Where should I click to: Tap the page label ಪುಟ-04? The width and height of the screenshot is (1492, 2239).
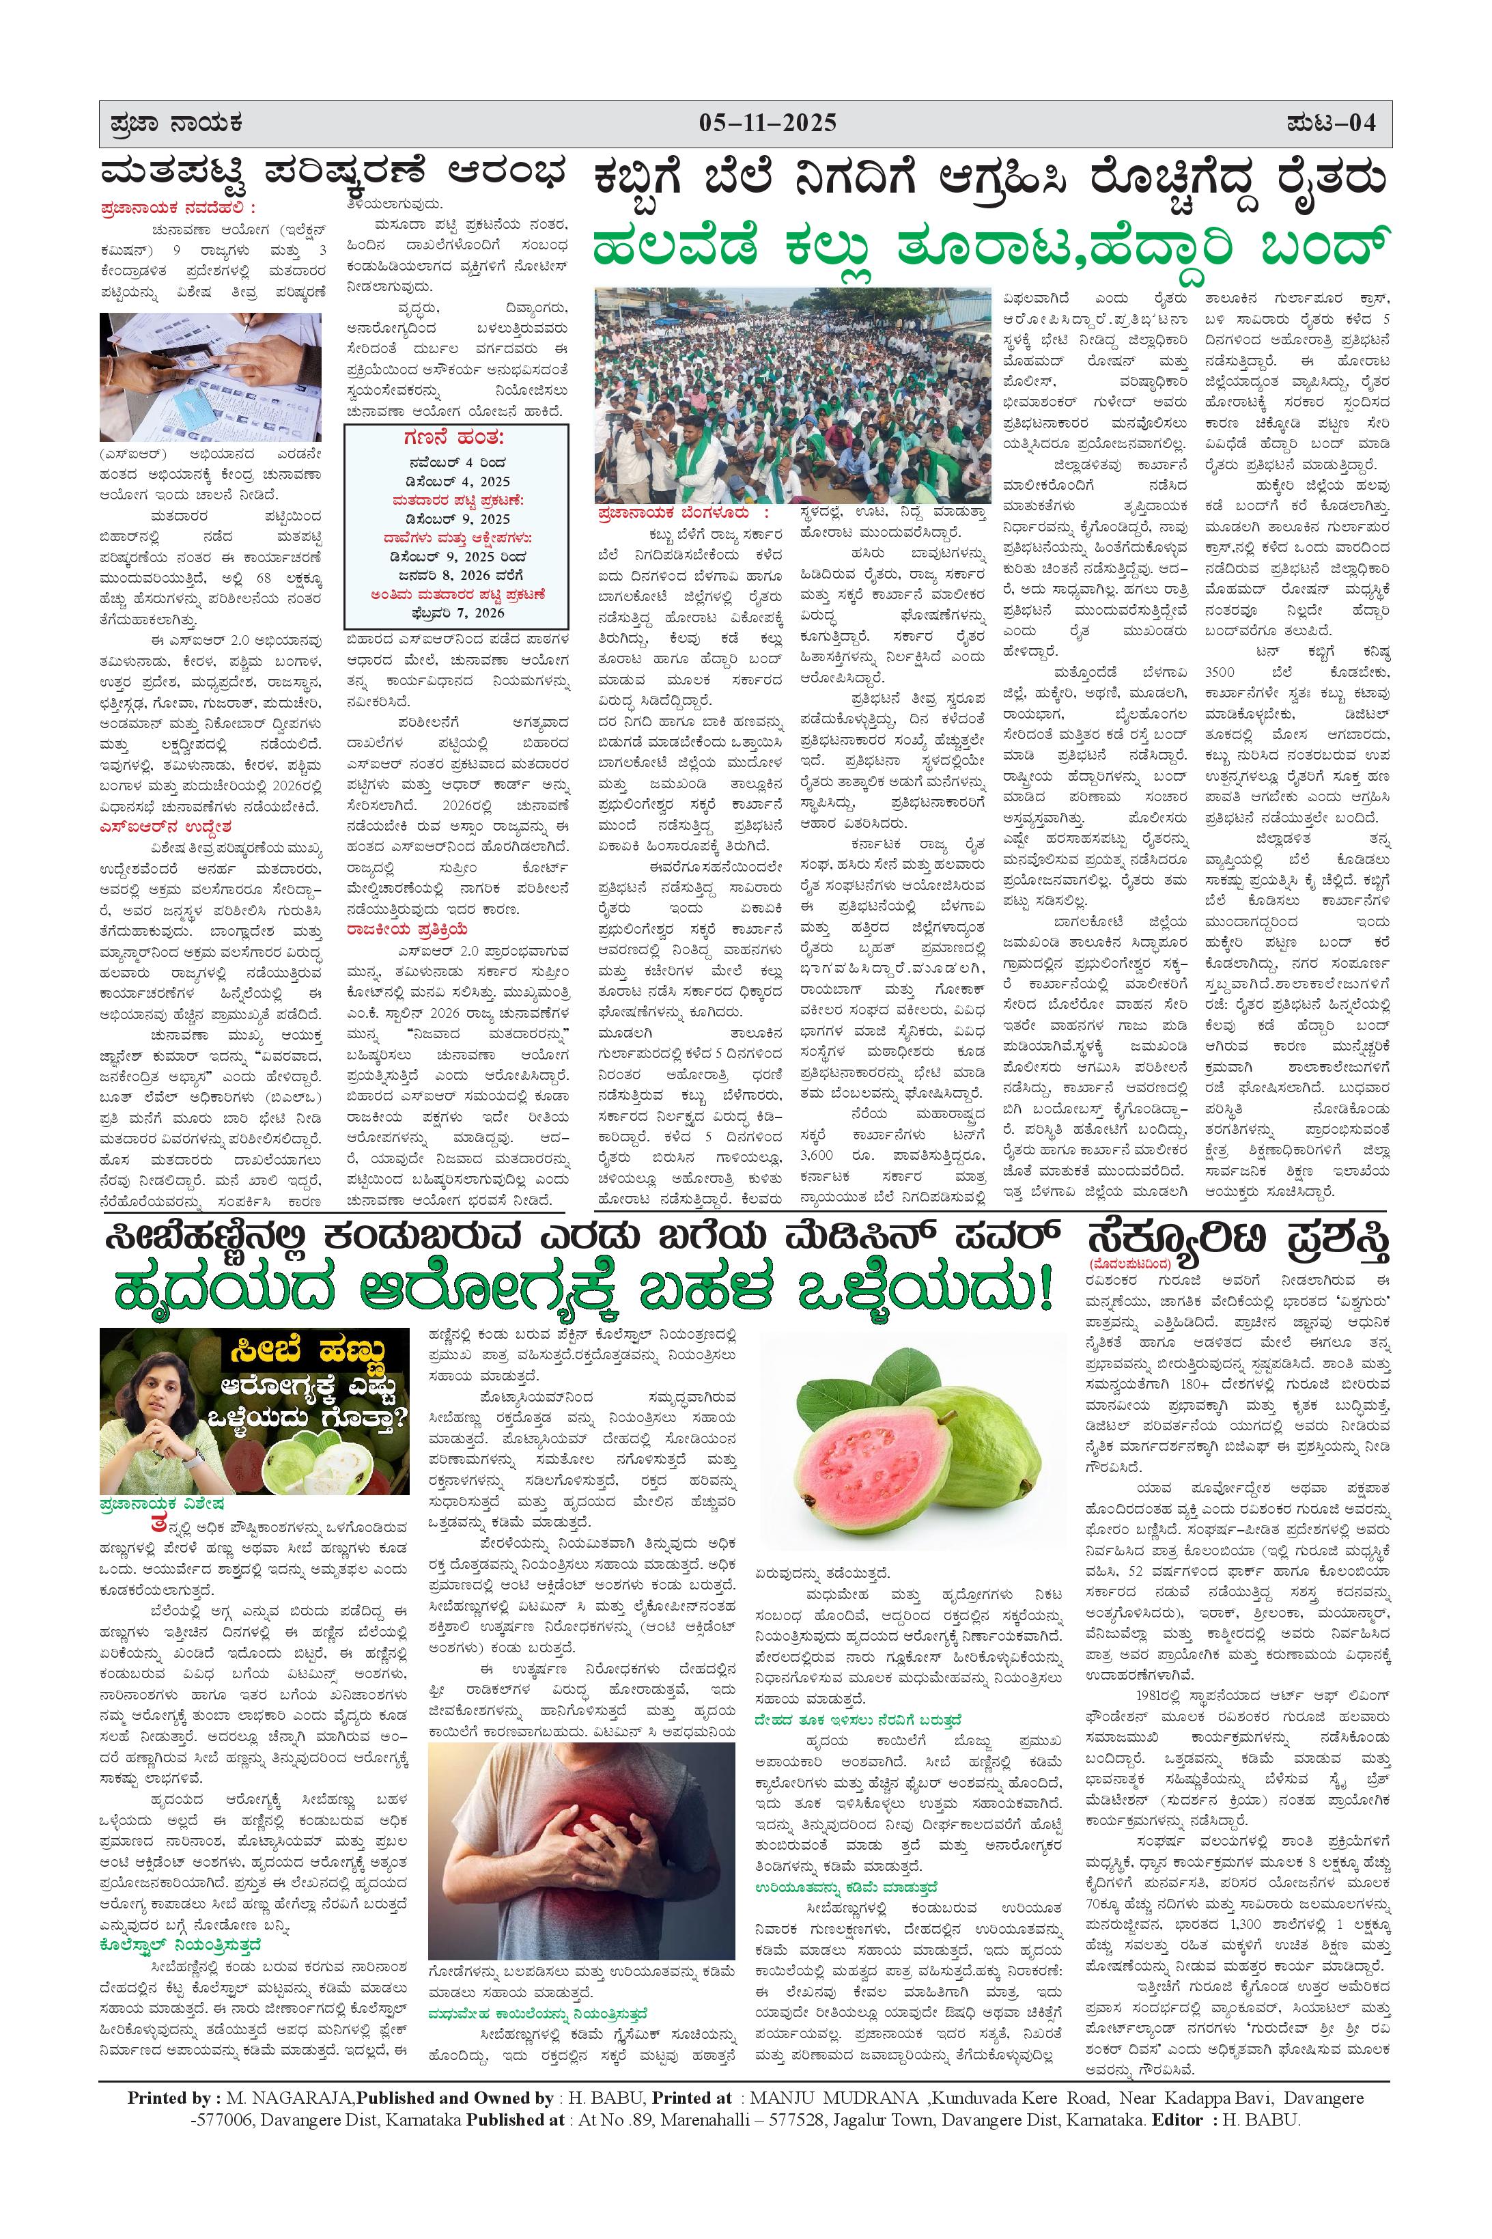(1332, 124)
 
